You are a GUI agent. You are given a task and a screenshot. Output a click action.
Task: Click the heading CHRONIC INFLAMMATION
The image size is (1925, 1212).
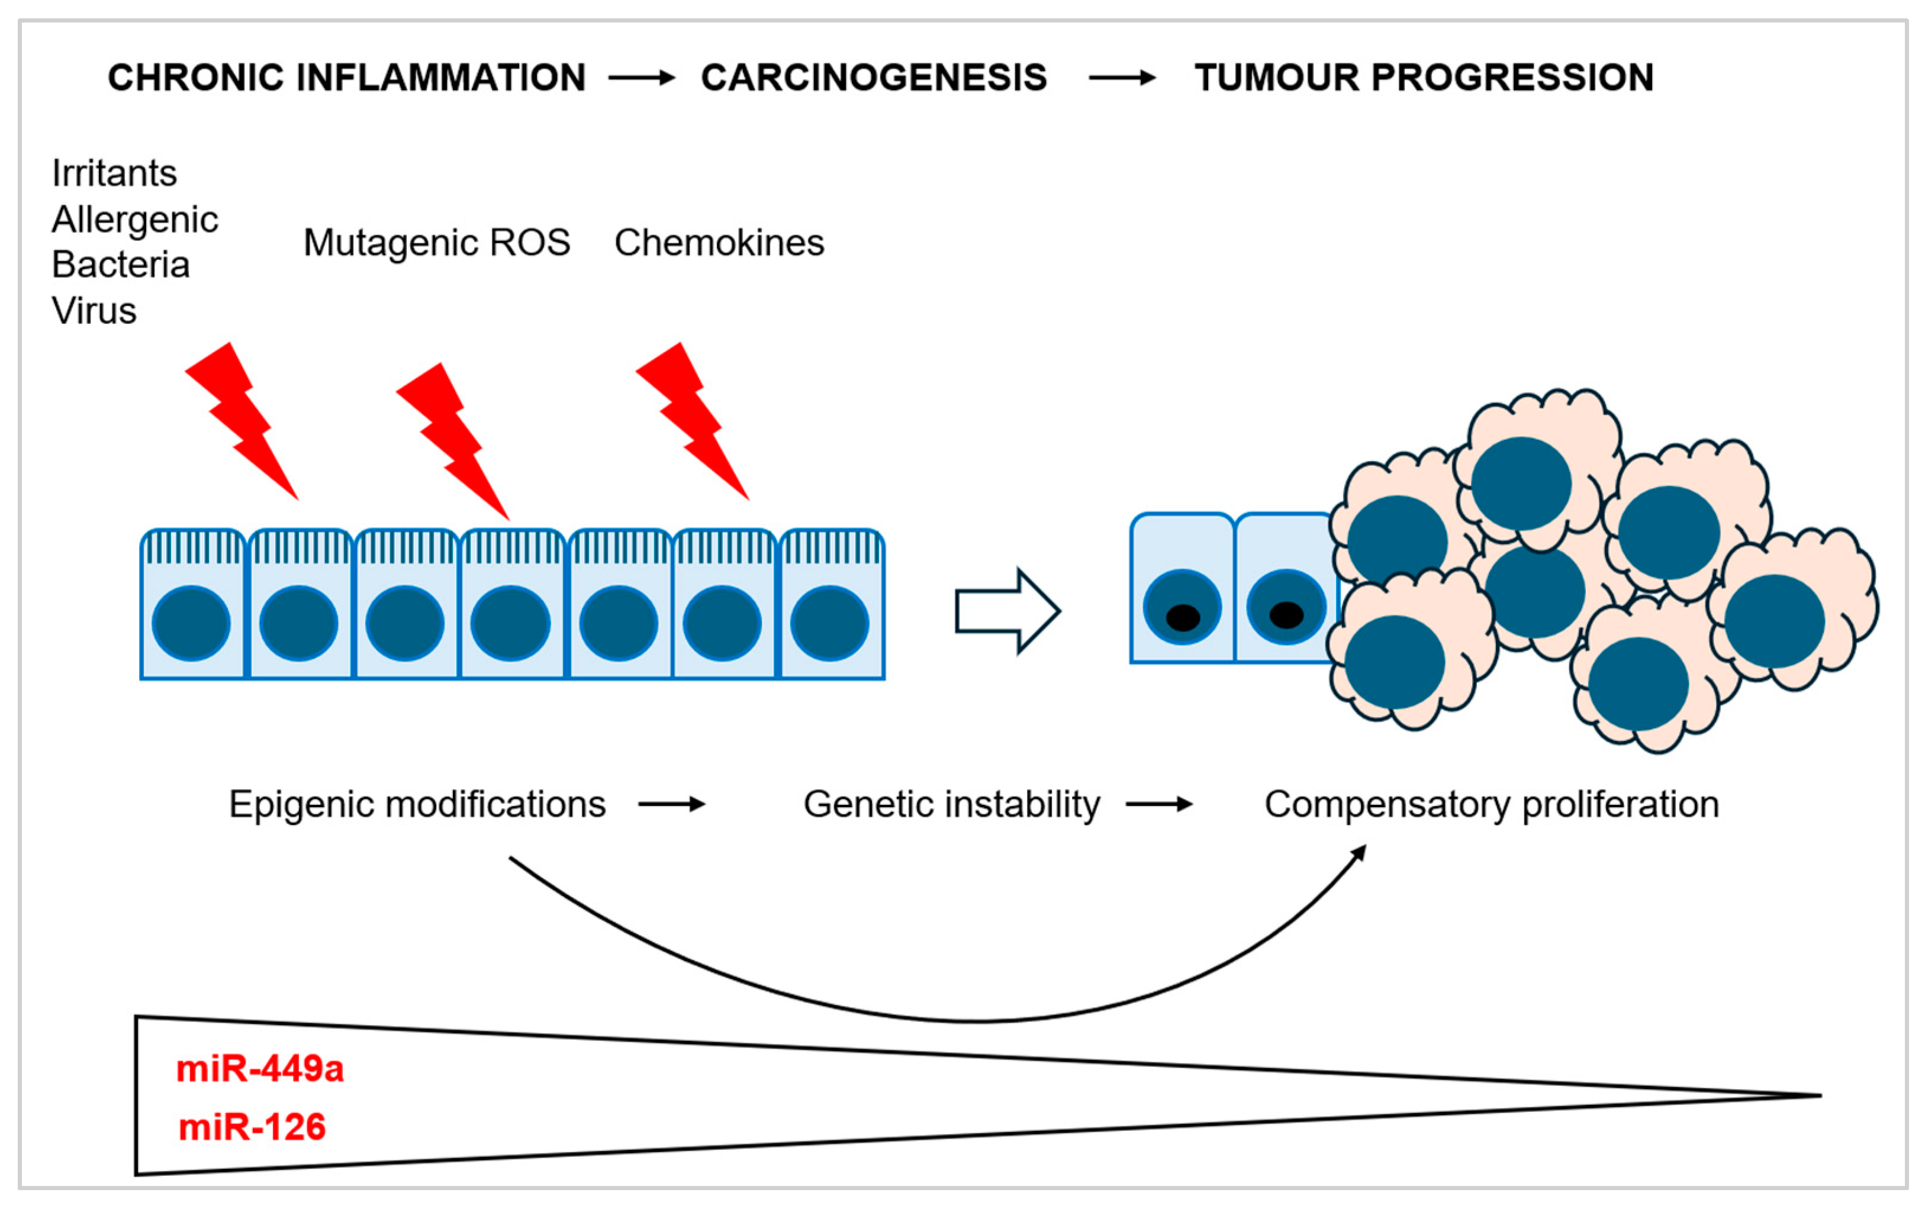[346, 78]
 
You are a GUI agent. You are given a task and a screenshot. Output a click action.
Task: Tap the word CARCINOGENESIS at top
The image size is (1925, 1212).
[873, 78]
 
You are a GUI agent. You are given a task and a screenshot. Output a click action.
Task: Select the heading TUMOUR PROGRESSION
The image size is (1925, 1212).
[1424, 78]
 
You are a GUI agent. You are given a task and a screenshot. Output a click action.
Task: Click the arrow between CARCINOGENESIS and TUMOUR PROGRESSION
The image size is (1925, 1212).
[1122, 78]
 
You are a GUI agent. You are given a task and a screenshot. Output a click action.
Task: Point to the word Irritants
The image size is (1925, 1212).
[114, 173]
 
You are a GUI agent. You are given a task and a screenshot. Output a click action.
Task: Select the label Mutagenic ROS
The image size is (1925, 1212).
[436, 242]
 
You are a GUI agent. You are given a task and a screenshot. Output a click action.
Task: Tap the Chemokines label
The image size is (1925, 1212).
[719, 242]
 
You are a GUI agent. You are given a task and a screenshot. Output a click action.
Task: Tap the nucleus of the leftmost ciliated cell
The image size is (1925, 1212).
[191, 623]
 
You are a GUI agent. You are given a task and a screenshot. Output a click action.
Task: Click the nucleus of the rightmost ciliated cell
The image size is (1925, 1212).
[829, 623]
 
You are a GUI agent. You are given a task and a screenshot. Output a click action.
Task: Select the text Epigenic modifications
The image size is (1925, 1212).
[417, 804]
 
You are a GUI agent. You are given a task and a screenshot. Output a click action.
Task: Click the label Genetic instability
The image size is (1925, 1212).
[951, 804]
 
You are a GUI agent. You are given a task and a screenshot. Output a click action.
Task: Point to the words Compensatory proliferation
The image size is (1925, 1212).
[1492, 804]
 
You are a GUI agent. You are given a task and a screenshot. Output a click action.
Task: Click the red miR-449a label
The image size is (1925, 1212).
[260, 1068]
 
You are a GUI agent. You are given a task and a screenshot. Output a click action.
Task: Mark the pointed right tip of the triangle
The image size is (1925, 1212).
[1818, 1095]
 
